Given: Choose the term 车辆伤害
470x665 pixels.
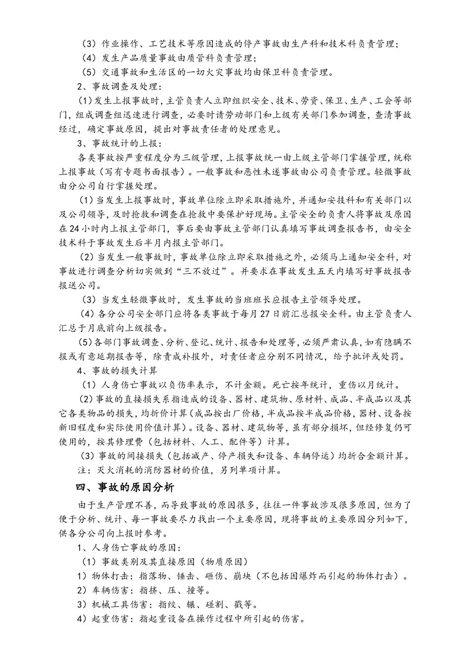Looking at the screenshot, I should pos(109,590).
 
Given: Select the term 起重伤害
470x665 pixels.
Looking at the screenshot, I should pos(109,619).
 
